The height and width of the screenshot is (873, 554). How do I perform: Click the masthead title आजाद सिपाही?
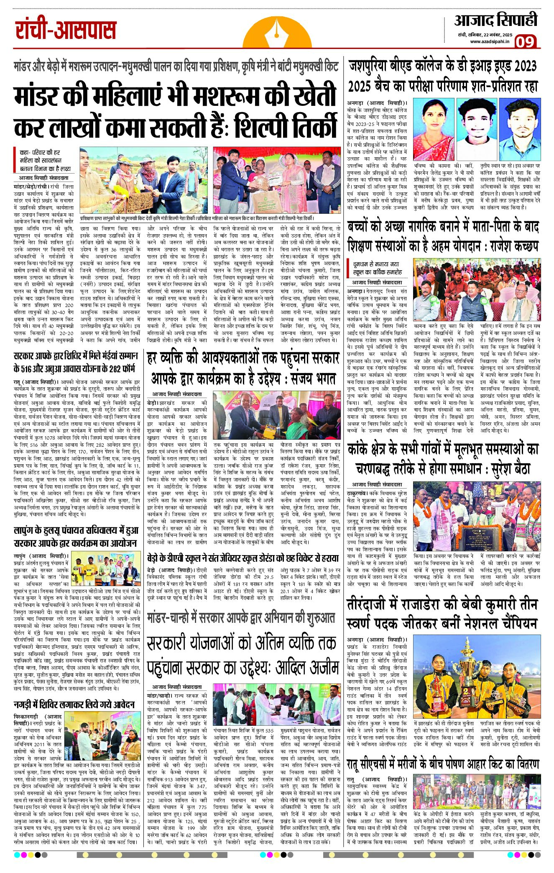click(x=495, y=20)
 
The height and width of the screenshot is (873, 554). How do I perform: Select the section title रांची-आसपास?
click(x=66, y=31)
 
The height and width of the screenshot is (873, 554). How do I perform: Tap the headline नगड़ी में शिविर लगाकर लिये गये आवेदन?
click(x=74, y=704)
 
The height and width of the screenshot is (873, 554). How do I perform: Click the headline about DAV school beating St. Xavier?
click(x=243, y=558)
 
